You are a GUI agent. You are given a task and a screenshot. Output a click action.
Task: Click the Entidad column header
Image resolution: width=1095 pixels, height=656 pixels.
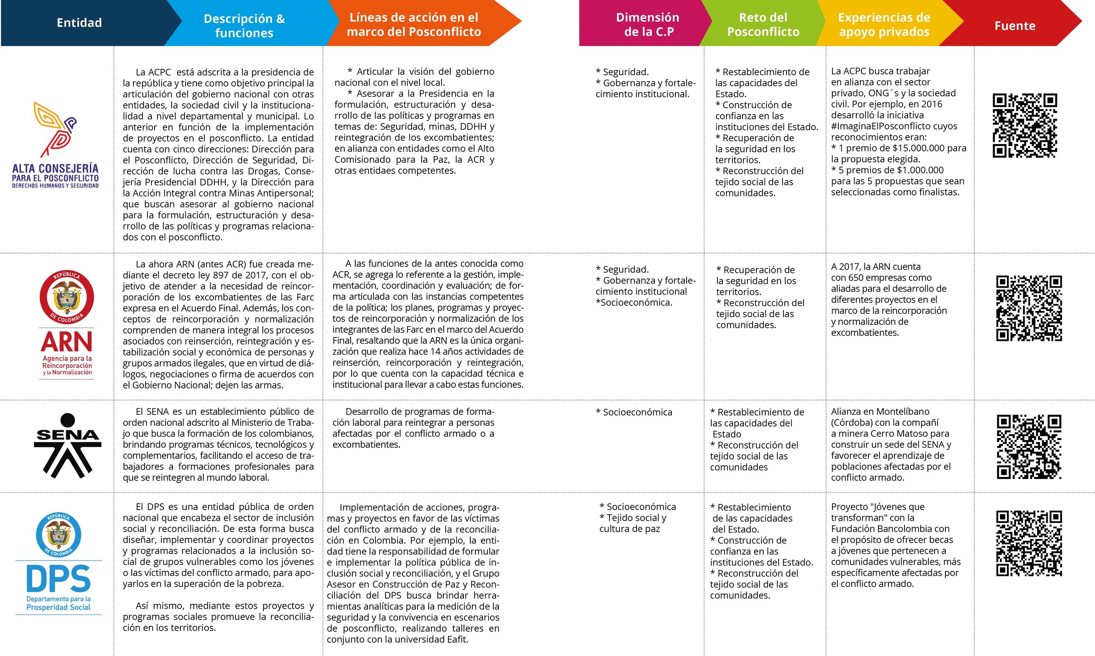click(79, 23)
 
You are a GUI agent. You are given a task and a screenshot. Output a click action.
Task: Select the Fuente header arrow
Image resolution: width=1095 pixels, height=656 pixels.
click(1015, 26)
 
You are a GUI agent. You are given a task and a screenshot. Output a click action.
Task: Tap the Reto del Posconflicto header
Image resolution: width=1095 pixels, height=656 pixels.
click(763, 24)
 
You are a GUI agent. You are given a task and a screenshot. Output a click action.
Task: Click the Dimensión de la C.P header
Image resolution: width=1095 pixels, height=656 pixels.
click(648, 24)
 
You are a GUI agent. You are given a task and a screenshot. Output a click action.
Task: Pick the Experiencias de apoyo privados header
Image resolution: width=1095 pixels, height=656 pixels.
click(884, 24)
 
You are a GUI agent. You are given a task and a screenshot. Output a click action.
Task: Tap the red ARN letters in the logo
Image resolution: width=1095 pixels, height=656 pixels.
click(67, 342)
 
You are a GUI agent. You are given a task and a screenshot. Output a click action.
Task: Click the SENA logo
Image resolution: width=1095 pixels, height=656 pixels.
click(67, 445)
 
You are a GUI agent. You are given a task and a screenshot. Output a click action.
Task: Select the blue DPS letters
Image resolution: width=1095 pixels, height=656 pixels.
click(59, 579)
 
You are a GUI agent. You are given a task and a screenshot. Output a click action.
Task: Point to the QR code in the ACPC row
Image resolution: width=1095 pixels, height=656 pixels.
click(1025, 125)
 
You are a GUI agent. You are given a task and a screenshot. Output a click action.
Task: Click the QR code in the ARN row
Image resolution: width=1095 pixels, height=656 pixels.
click(1029, 308)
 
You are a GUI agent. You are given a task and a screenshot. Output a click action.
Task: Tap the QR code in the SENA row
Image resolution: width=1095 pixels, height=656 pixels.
click(1029, 447)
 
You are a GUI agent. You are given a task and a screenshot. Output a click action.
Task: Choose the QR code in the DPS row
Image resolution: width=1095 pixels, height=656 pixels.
click(1029, 543)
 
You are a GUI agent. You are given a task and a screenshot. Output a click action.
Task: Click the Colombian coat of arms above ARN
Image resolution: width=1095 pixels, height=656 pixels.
click(67, 297)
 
